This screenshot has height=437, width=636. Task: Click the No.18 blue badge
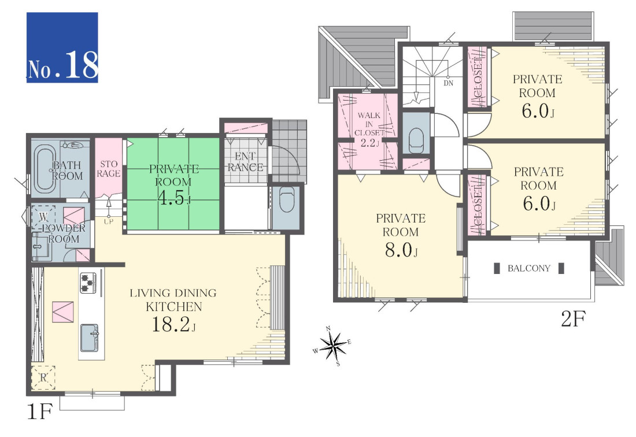[62, 47]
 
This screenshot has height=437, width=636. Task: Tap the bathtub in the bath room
[45, 168]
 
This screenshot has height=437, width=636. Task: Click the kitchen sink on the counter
[90, 338]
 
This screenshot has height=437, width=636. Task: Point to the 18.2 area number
[173, 325]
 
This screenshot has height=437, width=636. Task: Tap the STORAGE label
[108, 169]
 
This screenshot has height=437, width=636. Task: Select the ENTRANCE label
[245, 162]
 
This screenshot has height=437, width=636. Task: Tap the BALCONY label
[529, 268]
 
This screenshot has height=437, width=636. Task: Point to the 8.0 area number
[401, 250]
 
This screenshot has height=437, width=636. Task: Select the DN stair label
[448, 83]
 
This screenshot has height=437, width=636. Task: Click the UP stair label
[108, 221]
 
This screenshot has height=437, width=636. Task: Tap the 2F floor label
[573, 319]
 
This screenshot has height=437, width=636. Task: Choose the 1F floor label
[39, 412]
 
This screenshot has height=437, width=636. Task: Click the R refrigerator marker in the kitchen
[43, 378]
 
